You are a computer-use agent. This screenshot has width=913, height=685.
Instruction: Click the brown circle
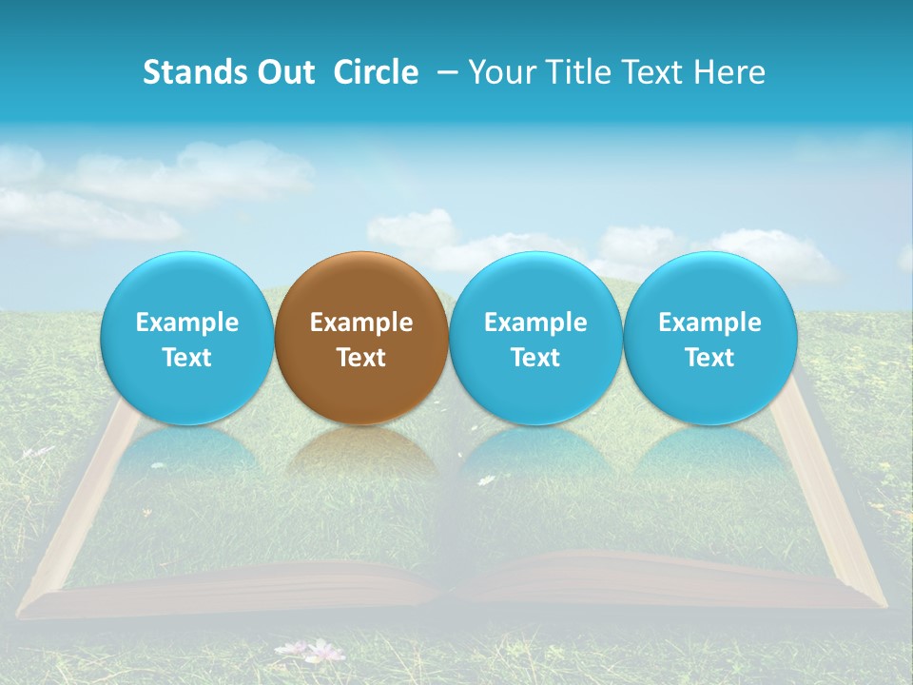click(x=361, y=338)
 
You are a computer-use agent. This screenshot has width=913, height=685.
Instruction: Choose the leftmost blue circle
click(x=187, y=338)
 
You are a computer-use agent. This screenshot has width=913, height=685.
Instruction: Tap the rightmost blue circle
click(x=710, y=338)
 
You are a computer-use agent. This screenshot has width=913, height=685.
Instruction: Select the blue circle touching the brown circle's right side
click(x=535, y=338)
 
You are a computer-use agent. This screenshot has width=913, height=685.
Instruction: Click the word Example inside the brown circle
click(x=361, y=323)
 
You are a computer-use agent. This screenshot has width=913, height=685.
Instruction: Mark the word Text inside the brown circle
click(x=361, y=358)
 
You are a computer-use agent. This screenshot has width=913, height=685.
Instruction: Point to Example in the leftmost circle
click(x=187, y=323)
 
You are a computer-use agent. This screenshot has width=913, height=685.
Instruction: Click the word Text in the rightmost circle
click(x=710, y=358)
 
